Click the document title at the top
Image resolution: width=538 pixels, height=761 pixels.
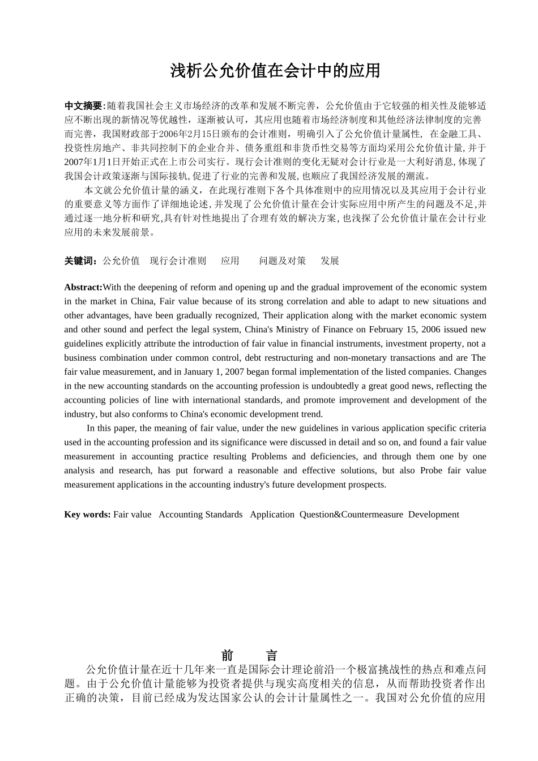click(275, 71)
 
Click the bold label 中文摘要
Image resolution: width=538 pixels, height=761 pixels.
click(84, 106)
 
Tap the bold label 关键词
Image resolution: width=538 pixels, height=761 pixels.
click(80, 260)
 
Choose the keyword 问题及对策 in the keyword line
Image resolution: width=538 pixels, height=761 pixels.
click(283, 260)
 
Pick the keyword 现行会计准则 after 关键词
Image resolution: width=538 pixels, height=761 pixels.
click(178, 260)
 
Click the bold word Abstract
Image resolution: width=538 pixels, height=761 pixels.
click(83, 287)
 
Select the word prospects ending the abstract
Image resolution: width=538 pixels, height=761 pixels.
click(366, 485)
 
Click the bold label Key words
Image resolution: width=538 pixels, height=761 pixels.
click(87, 515)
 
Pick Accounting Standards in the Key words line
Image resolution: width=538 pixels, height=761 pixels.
click(200, 515)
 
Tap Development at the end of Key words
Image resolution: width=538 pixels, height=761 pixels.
click(433, 515)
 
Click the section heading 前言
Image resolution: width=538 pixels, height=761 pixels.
click(249, 656)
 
